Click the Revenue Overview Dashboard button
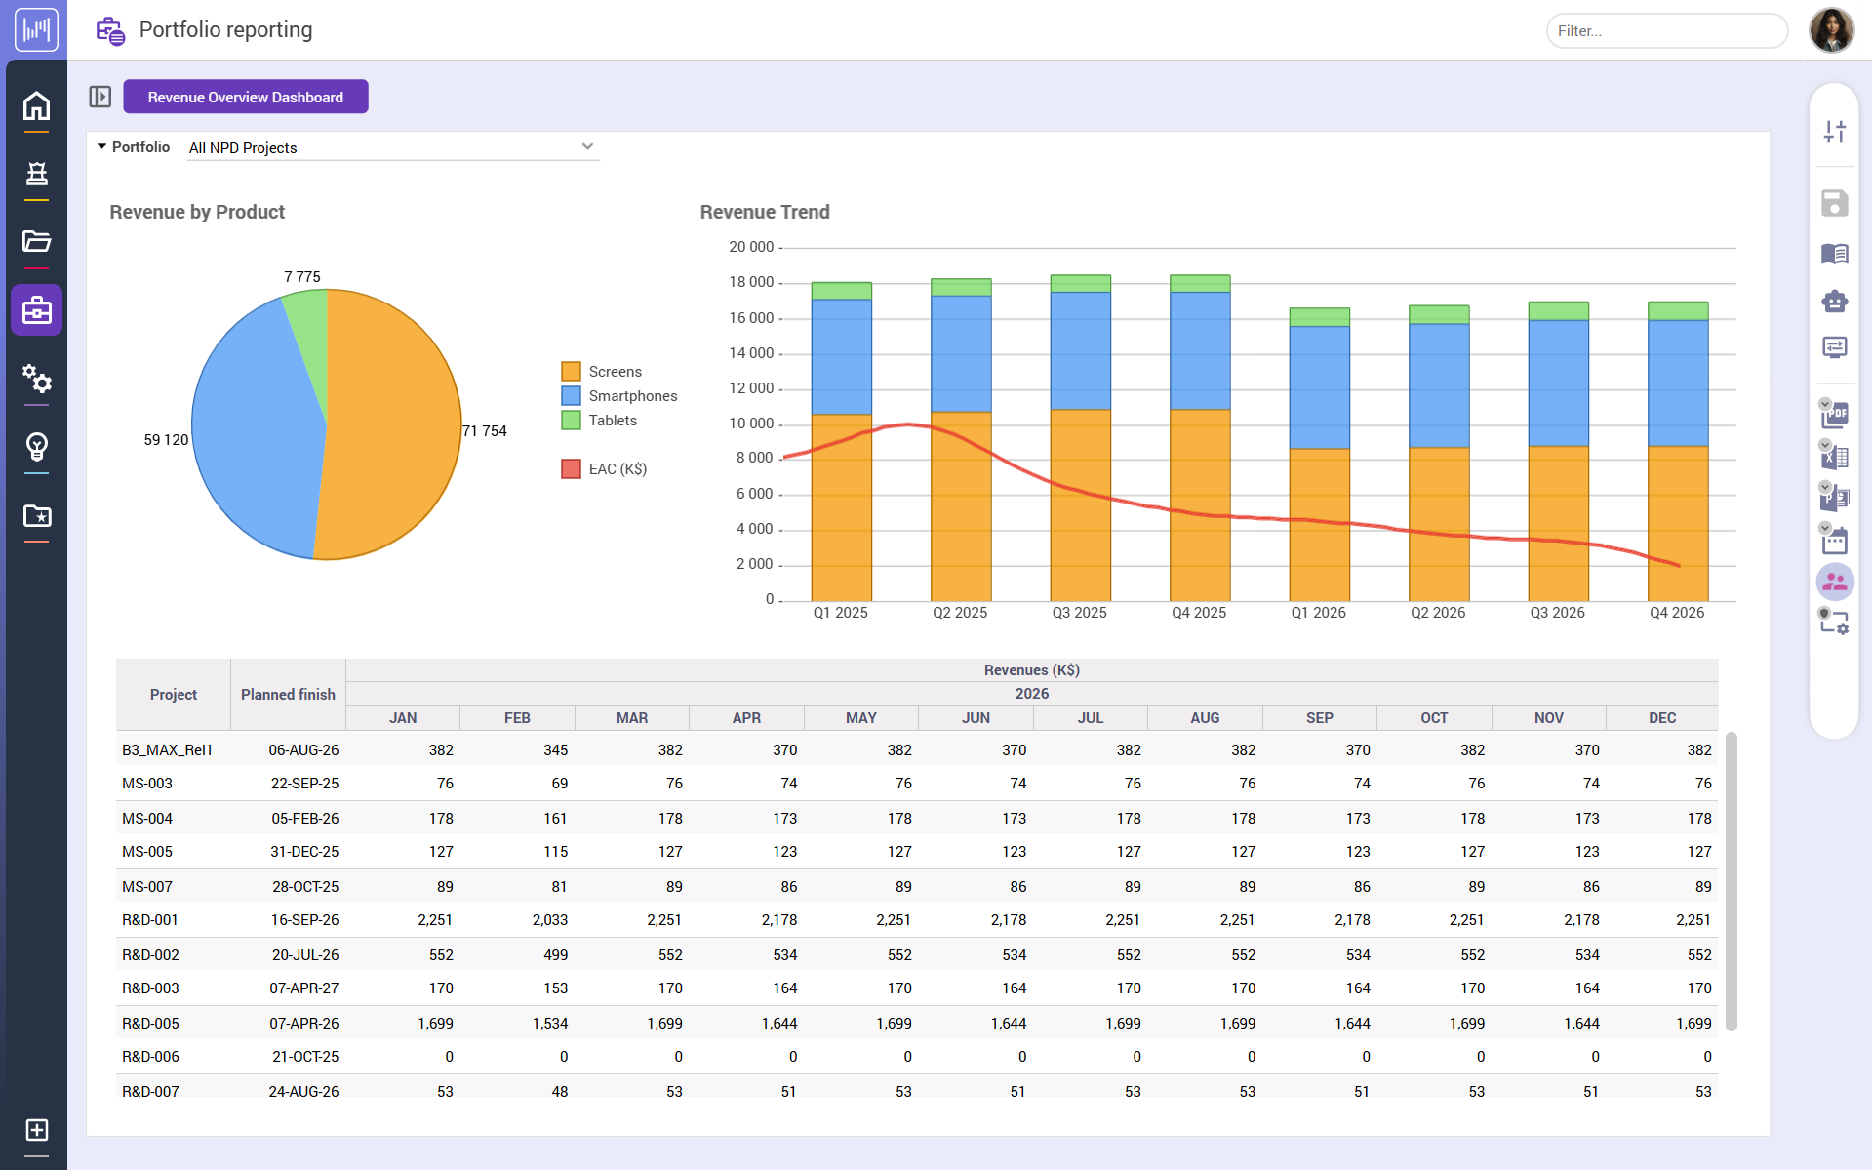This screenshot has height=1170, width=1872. pyautogui.click(x=245, y=97)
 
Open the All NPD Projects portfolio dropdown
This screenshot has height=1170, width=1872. pyautogui.click(x=392, y=147)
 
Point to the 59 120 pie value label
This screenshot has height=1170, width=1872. pyautogui.click(x=166, y=440)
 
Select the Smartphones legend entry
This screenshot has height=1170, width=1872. pyautogui.click(x=632, y=396)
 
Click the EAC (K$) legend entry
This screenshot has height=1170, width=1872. pyautogui.click(x=617, y=469)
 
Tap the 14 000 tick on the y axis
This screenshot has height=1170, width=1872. pyautogui.click(x=751, y=353)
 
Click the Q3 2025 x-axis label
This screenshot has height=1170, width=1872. pyautogui.click(x=1079, y=613)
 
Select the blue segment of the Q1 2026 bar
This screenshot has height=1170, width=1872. pyautogui.click(x=1319, y=386)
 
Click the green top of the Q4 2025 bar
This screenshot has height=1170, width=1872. pyautogui.click(x=1199, y=284)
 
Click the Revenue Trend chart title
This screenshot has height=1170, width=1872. pyautogui.click(x=765, y=212)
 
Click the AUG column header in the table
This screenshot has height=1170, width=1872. pyautogui.click(x=1205, y=718)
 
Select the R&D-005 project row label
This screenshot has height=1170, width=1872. pyautogui.click(x=150, y=1024)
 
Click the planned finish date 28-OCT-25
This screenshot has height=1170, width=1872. pyautogui.click(x=304, y=887)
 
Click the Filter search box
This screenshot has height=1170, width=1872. pyautogui.click(x=1665, y=31)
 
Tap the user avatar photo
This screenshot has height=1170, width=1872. pyautogui.click(x=1831, y=30)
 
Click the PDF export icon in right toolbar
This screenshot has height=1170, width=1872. pyautogui.click(x=1834, y=415)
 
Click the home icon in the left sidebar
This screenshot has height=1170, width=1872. pyautogui.click(x=36, y=105)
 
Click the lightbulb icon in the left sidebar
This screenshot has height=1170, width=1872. pyautogui.click(x=36, y=447)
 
